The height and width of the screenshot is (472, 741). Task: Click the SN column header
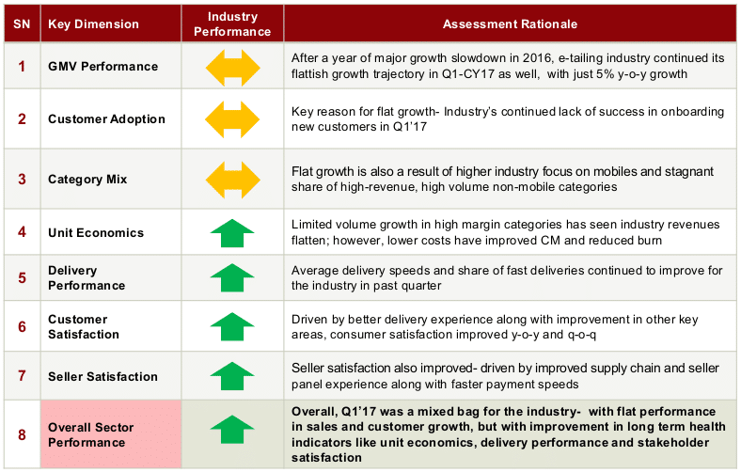tap(22, 24)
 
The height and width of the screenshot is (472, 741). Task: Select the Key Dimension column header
tap(94, 24)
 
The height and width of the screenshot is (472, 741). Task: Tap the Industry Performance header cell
tap(232, 24)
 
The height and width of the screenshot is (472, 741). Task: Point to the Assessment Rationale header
tap(510, 24)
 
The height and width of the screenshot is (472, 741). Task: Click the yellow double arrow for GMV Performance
tap(232, 68)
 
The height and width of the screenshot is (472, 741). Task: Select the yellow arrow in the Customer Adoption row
tap(232, 119)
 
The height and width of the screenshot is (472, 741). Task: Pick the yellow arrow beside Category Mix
tap(232, 180)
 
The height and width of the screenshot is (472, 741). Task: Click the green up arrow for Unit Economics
tap(232, 233)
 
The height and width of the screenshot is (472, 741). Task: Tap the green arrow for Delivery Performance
tap(232, 277)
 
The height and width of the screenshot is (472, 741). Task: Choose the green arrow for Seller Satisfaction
tap(232, 376)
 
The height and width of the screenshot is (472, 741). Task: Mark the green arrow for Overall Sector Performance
tap(232, 430)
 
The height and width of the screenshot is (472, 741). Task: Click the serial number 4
tap(22, 232)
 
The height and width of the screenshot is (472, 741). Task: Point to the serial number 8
tap(22, 434)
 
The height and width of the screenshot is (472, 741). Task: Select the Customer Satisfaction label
tap(84, 327)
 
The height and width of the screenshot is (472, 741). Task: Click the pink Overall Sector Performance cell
tap(111, 434)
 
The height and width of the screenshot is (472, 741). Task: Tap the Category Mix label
tap(87, 179)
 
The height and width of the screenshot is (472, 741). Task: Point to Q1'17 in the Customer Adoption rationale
tap(410, 127)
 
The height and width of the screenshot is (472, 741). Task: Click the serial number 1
tap(22, 66)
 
